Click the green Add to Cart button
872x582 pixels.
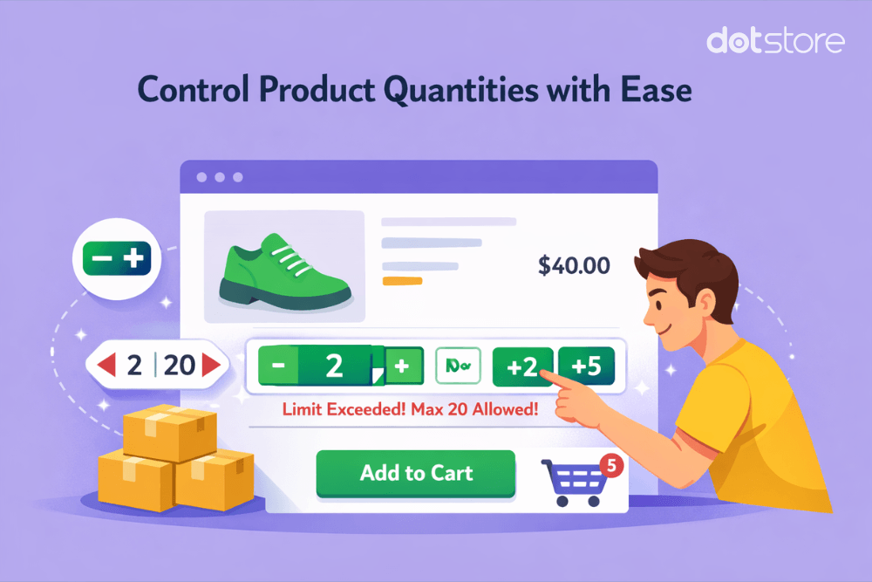click(x=415, y=474)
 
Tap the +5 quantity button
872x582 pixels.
click(x=587, y=366)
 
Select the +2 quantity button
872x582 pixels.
click(x=523, y=367)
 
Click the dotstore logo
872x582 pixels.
click(x=775, y=40)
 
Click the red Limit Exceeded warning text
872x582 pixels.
click(x=410, y=408)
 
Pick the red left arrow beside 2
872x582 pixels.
click(x=106, y=365)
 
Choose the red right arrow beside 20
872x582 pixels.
click(x=211, y=365)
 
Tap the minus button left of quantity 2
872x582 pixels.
click(x=278, y=366)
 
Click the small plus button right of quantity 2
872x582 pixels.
click(x=403, y=366)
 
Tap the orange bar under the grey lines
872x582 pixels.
click(x=402, y=281)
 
